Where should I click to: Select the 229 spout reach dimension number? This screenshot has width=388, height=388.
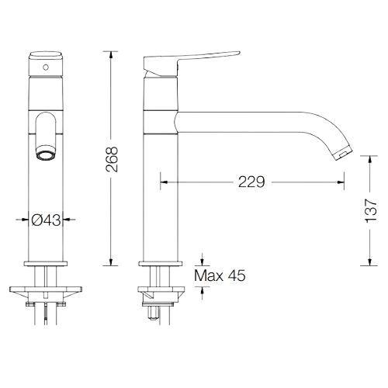[252, 182]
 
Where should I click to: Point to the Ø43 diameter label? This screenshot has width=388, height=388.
[47, 220]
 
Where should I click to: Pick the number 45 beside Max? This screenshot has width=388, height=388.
[236, 275]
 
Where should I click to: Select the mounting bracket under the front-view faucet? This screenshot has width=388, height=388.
[46, 293]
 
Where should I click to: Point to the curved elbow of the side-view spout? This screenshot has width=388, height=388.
[314, 128]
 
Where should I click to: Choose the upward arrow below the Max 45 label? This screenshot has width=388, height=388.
[203, 291]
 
